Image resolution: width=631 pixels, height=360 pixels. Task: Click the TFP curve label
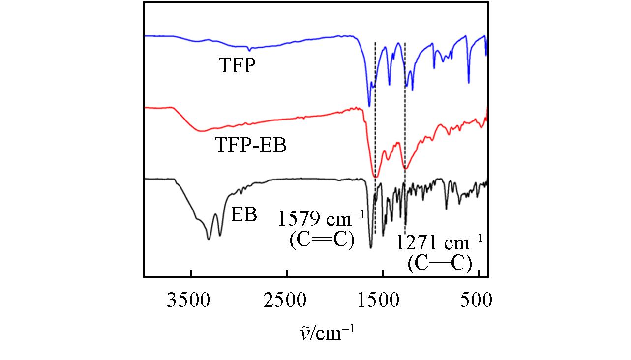click(238, 66)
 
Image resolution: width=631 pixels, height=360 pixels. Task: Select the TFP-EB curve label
click(251, 146)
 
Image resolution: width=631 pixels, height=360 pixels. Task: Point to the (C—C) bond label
click(440, 264)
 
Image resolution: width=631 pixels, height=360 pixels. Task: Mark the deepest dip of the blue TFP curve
click(369, 106)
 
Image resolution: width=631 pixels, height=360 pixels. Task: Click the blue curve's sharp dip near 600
click(468, 83)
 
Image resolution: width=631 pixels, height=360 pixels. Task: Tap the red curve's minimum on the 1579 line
click(375, 176)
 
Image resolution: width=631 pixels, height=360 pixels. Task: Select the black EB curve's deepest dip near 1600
click(371, 247)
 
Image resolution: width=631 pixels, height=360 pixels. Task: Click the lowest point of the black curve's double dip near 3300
click(209, 239)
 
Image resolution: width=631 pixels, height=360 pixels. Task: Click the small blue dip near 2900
click(249, 50)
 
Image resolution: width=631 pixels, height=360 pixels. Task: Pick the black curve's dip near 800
click(446, 209)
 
